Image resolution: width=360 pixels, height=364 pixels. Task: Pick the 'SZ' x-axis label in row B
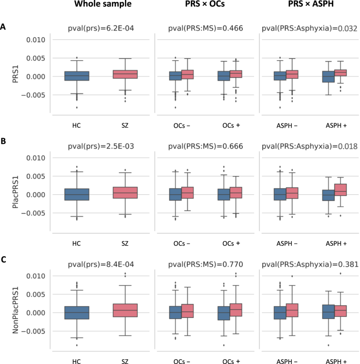tap(125, 243)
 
